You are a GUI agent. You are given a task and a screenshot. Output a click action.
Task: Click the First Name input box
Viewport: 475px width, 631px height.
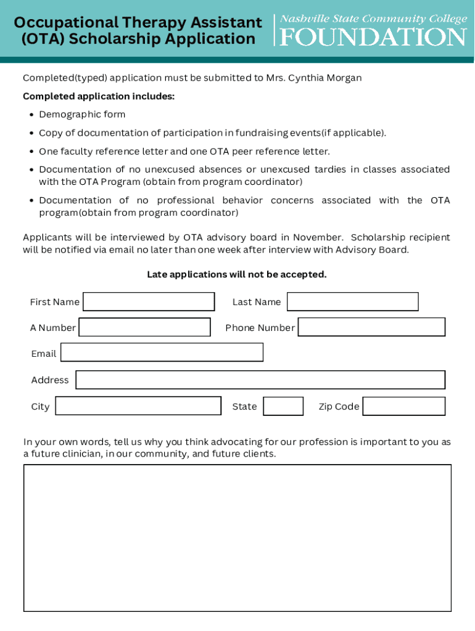click(149, 302)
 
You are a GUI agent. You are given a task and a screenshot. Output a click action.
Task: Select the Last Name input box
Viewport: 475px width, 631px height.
click(352, 302)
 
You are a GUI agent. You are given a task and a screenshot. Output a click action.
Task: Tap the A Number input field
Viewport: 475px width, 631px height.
click(144, 327)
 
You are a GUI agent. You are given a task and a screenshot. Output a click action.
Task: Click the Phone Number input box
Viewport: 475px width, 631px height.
click(371, 327)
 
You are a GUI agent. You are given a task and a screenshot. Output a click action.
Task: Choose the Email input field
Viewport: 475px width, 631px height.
click(162, 352)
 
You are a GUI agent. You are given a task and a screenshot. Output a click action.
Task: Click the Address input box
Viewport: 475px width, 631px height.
click(260, 380)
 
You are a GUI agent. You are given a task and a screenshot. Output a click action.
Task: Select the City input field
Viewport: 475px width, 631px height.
click(138, 406)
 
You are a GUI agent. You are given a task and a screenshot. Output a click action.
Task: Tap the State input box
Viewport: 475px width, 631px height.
click(283, 406)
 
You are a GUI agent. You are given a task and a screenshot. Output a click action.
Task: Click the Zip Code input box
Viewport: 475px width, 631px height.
click(403, 406)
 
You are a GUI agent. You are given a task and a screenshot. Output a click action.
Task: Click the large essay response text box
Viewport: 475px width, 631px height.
click(238, 538)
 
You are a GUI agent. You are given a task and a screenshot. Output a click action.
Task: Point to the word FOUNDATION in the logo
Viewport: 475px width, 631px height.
click(373, 37)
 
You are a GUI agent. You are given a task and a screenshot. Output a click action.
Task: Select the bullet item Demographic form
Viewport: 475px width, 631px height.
click(82, 115)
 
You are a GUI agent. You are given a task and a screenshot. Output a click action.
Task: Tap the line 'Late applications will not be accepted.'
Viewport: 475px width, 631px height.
click(237, 274)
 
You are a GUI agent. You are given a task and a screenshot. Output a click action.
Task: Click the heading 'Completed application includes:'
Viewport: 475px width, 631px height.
click(99, 96)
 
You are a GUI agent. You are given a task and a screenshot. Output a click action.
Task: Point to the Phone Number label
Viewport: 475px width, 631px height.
click(260, 328)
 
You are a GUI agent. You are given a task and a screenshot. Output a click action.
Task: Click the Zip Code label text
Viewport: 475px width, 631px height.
click(339, 407)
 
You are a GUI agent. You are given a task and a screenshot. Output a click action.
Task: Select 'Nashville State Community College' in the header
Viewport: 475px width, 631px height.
click(373, 19)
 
